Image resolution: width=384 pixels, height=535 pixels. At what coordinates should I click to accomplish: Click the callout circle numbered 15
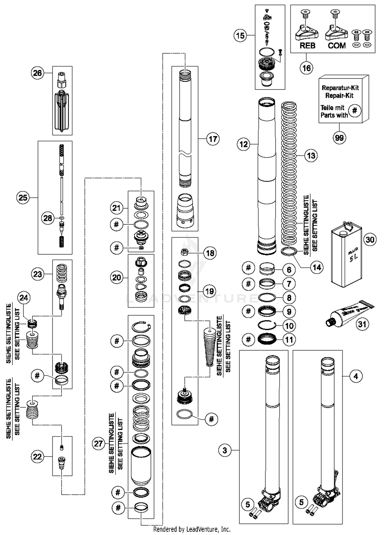click(x=240, y=36)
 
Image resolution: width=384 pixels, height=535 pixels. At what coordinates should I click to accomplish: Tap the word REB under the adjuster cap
click(x=307, y=46)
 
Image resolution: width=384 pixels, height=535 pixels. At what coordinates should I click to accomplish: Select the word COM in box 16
click(x=337, y=46)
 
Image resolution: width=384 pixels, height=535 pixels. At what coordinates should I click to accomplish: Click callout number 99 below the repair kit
click(x=339, y=138)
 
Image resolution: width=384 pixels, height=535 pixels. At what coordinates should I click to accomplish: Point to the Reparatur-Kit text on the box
click(x=340, y=88)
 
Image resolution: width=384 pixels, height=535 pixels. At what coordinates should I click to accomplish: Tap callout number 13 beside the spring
click(x=311, y=156)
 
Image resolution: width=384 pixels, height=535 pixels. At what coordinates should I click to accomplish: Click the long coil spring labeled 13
click(x=289, y=174)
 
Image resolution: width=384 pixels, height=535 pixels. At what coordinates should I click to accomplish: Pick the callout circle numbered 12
click(x=243, y=144)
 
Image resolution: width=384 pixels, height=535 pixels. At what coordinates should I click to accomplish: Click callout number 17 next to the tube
click(x=213, y=139)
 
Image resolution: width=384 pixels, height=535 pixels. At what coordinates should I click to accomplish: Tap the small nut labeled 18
click(x=185, y=253)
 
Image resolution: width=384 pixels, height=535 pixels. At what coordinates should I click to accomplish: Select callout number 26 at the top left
click(x=37, y=73)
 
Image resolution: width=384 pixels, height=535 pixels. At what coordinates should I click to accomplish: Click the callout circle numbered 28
click(x=48, y=218)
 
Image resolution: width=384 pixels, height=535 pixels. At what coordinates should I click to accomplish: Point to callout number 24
click(x=24, y=298)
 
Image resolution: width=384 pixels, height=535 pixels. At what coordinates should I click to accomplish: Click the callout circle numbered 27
click(x=99, y=444)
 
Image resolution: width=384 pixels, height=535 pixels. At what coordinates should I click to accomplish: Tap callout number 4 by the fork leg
click(x=356, y=376)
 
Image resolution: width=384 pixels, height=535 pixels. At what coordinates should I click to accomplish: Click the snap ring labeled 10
click(x=267, y=325)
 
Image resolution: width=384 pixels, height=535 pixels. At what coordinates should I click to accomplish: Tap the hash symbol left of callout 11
click(x=248, y=339)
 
